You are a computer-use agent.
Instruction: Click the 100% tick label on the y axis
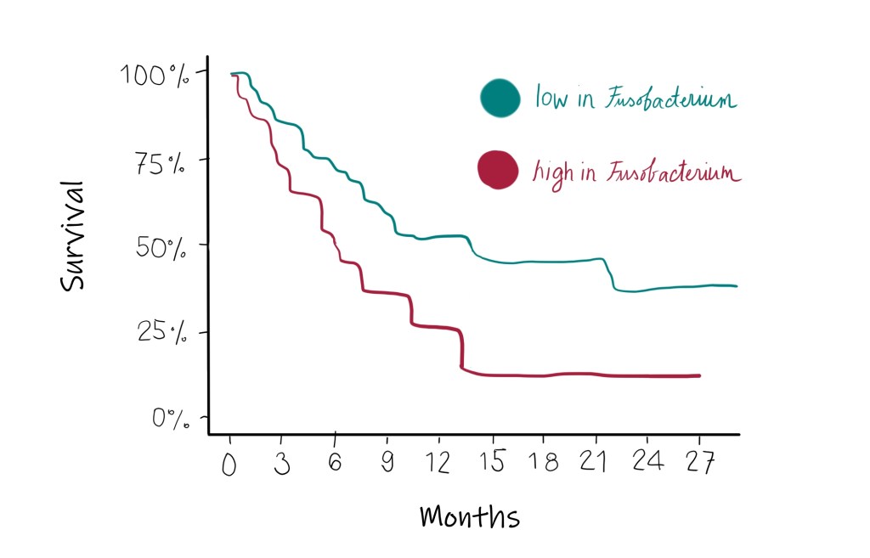coord(157,75)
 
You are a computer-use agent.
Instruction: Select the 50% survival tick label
coord(161,250)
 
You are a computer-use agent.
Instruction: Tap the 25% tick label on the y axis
coord(161,332)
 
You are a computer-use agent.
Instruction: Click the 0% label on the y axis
coord(170,418)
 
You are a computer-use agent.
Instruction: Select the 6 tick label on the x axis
coord(336,464)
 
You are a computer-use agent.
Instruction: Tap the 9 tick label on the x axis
coord(387,464)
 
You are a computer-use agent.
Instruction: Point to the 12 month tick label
coord(439,464)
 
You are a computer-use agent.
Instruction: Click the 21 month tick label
coord(596,464)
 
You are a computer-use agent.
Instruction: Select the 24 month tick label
coord(648,464)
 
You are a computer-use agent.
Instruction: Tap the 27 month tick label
coord(700,464)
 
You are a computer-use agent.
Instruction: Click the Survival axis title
coord(74,234)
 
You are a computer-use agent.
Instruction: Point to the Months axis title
coord(469,516)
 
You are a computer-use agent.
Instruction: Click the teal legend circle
coord(499,98)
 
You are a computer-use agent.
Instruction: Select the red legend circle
coord(497,169)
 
